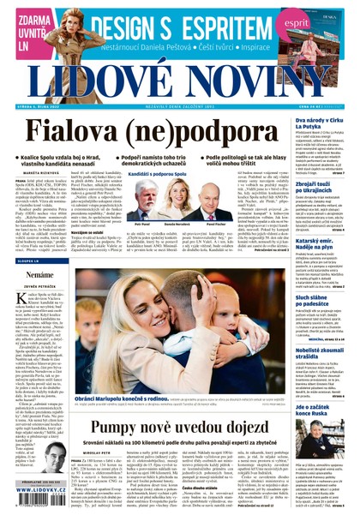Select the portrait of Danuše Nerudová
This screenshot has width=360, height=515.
coord(181,203)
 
